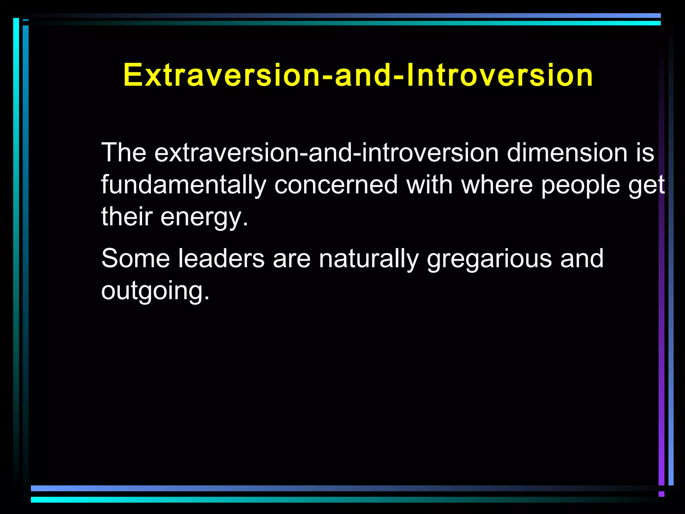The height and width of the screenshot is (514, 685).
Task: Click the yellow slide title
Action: [x=358, y=75]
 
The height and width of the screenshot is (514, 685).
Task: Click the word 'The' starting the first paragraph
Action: [x=124, y=153]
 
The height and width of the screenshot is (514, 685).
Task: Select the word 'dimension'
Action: [x=567, y=153]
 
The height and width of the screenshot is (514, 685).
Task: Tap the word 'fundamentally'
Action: [x=184, y=185]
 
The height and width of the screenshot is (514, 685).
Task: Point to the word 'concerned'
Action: [x=336, y=185]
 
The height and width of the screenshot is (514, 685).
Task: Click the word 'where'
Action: [x=497, y=185]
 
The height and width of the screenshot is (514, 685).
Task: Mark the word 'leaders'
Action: [x=221, y=258]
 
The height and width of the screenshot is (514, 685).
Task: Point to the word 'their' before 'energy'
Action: [x=127, y=217]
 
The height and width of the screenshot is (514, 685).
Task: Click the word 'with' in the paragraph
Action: [x=429, y=185]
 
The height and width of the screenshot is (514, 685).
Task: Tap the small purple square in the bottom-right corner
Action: [x=661, y=494]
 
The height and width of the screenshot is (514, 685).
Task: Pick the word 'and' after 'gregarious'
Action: [x=582, y=258]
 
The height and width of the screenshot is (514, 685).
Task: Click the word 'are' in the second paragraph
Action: [x=292, y=259]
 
